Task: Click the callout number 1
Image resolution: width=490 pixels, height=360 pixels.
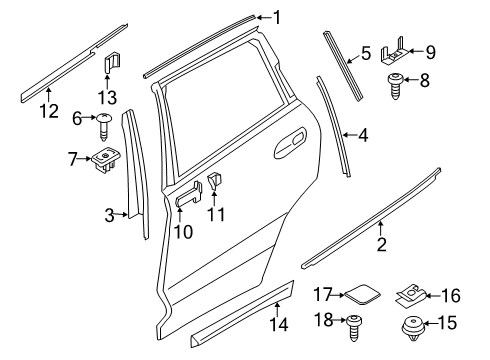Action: click(276, 16)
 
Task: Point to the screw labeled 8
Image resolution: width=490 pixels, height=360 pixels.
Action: click(397, 82)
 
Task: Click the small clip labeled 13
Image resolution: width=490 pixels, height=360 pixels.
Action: click(112, 63)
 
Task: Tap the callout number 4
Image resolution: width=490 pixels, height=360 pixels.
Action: click(364, 132)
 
